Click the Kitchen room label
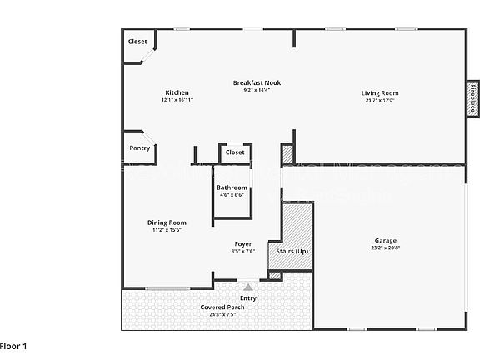point(177,92)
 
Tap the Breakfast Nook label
point(256,82)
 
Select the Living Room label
point(379,92)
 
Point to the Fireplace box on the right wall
point(472,98)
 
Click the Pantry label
point(139,147)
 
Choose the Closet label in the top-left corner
point(137,41)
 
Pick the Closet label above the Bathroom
point(235,152)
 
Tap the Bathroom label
point(232,187)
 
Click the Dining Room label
point(167,222)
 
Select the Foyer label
point(242,244)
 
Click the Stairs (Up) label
point(289,251)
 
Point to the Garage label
point(385,241)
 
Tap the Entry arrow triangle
point(247,287)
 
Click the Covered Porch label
point(222,307)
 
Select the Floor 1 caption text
point(14,345)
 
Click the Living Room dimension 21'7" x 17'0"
point(379,100)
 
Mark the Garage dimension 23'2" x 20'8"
point(385,248)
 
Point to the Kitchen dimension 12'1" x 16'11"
point(177,100)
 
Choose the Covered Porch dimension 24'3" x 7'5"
point(222,315)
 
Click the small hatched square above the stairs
point(287,154)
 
